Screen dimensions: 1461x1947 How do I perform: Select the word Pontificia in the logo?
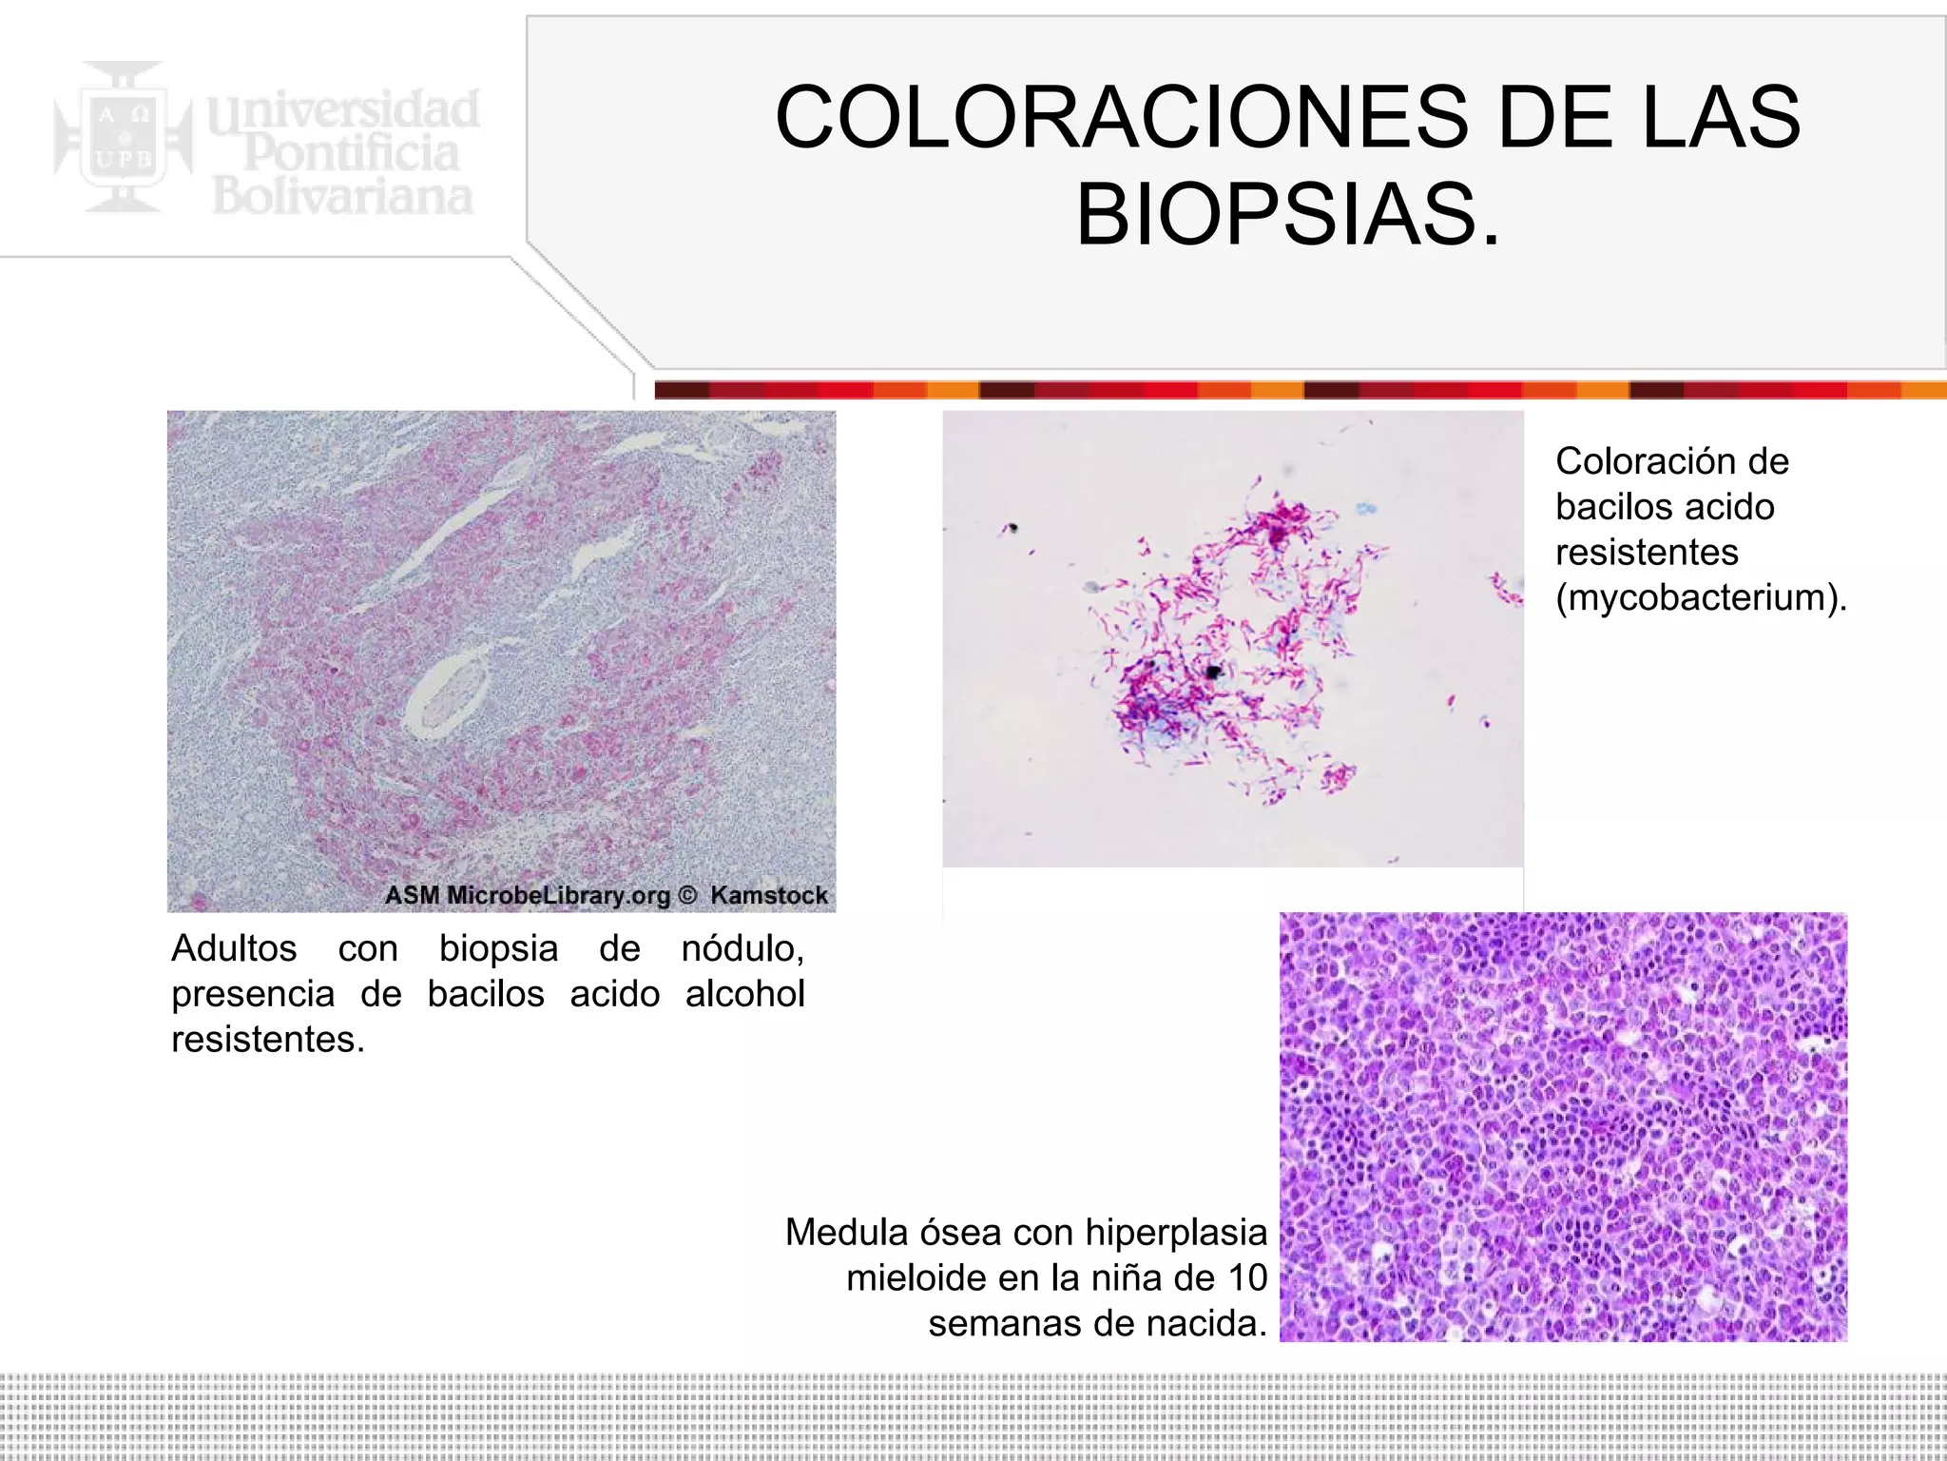[x=351, y=153]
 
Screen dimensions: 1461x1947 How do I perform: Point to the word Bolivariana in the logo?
[x=342, y=197]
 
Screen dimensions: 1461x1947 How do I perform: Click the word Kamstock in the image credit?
[x=768, y=895]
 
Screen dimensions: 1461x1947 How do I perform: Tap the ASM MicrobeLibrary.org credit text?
[x=528, y=895]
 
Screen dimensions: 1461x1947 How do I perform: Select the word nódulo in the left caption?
[x=742, y=948]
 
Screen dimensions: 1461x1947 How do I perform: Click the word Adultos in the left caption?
[x=234, y=948]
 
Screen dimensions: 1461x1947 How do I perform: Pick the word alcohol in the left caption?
[x=744, y=994]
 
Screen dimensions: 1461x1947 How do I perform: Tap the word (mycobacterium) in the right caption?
[x=1701, y=597]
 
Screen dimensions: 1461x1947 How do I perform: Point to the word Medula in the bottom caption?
[x=846, y=1233]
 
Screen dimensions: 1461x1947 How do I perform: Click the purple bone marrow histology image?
[x=1563, y=1126]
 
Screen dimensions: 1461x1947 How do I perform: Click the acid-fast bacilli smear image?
[x=1232, y=638]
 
